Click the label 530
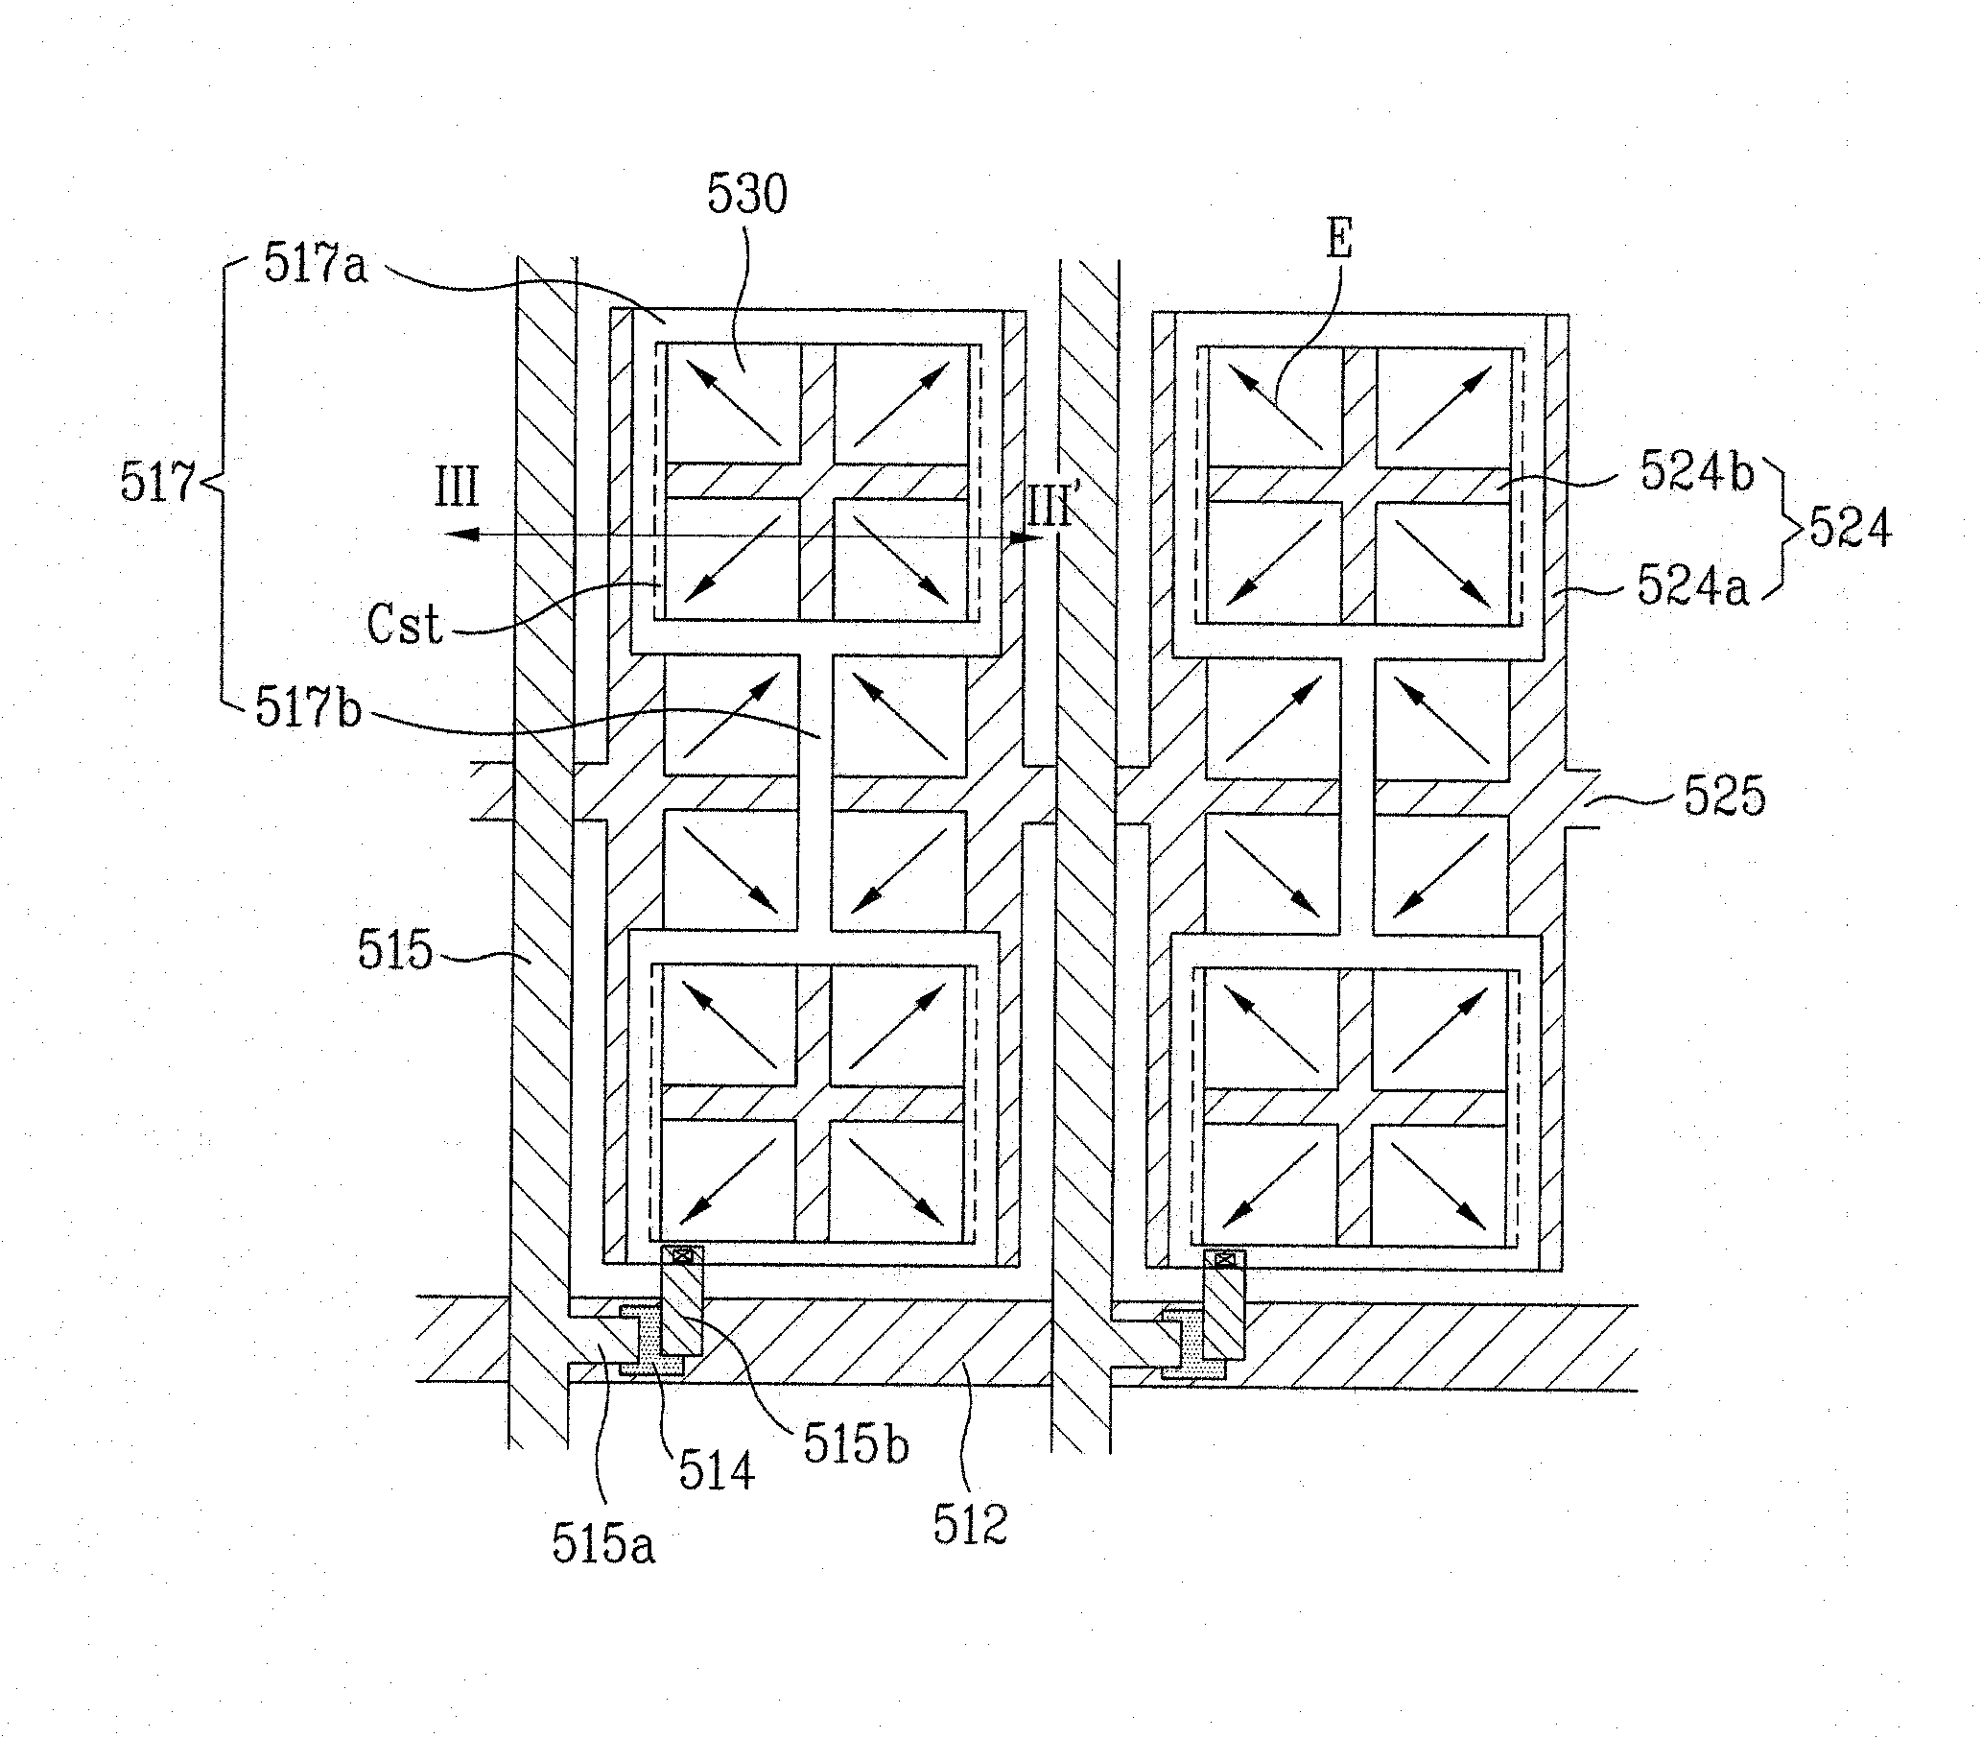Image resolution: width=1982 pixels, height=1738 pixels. click(746, 195)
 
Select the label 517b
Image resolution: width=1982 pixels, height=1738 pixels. click(308, 709)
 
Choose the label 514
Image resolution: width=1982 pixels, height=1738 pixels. click(716, 1471)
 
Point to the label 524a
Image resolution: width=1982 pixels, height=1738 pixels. click(1693, 586)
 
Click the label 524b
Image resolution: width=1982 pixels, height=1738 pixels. click(1697, 473)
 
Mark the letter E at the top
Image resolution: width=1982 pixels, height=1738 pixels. click(1338, 239)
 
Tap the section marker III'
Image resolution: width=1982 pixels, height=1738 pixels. click(1050, 509)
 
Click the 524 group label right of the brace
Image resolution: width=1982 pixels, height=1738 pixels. click(1851, 530)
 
